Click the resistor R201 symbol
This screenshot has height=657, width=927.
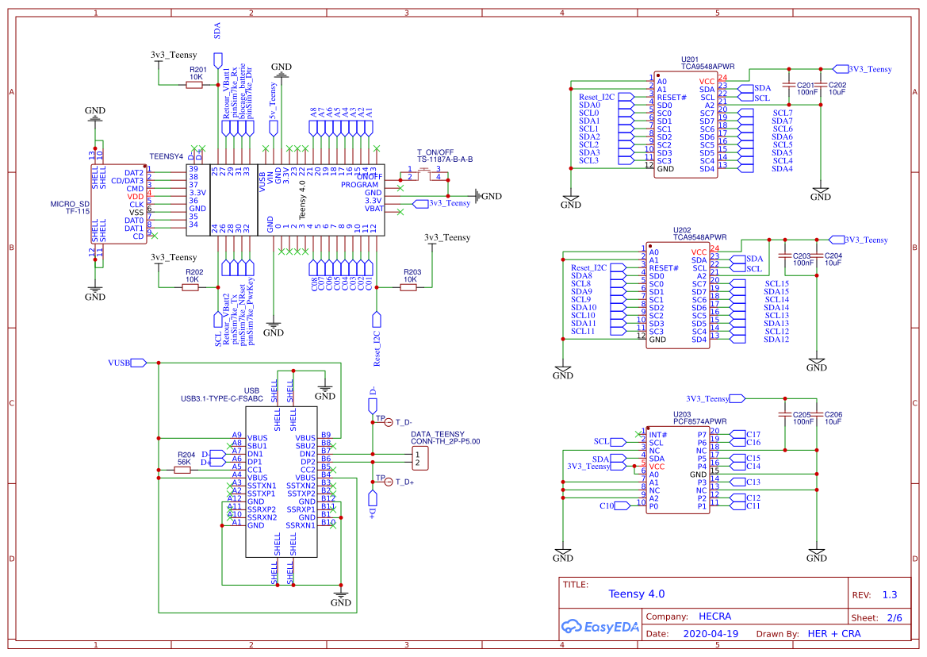click(x=193, y=85)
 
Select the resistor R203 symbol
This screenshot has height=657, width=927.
click(x=408, y=287)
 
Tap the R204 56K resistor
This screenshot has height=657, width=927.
click(x=182, y=470)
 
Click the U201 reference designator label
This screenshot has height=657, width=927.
click(x=690, y=60)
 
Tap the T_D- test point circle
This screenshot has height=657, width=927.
click(x=389, y=422)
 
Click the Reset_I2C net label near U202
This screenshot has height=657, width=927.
click(x=588, y=267)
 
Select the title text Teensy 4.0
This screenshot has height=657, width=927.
click(x=636, y=594)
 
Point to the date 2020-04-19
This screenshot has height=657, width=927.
click(x=710, y=634)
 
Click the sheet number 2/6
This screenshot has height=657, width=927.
click(x=894, y=617)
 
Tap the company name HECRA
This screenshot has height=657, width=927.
click(x=714, y=617)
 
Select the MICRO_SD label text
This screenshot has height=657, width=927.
click(x=70, y=204)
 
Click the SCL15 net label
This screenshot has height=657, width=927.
click(x=776, y=283)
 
